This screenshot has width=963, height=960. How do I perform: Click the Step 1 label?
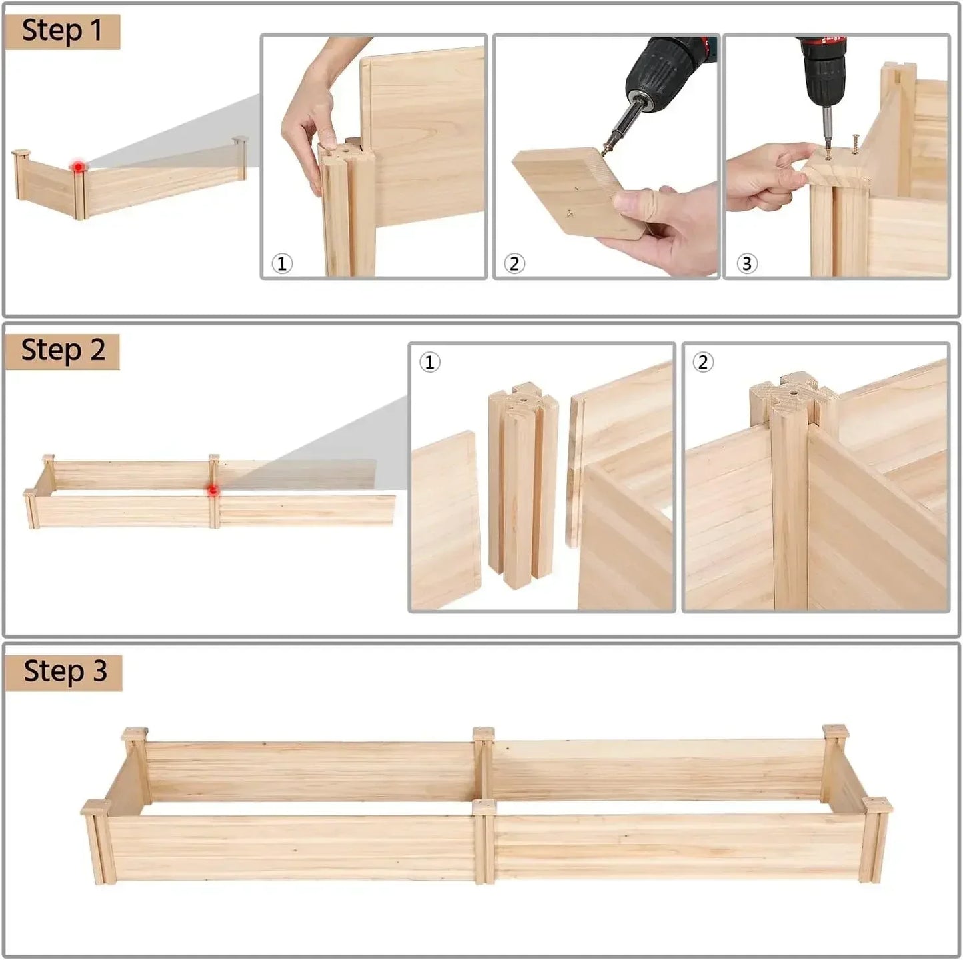(62, 31)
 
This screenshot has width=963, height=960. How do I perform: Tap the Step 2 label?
(63, 351)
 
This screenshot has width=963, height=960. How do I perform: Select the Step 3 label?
(64, 671)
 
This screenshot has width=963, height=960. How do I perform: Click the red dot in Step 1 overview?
(79, 167)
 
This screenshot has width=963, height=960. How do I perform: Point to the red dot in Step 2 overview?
(213, 490)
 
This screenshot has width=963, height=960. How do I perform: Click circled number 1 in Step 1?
(282, 263)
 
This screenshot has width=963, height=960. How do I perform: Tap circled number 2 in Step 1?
(514, 263)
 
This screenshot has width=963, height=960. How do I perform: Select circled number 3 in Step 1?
(746, 263)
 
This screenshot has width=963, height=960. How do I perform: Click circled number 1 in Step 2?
(429, 362)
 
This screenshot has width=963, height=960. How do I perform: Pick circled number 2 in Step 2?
(703, 362)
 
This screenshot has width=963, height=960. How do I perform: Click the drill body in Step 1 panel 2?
(666, 67)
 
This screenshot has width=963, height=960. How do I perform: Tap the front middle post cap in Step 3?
(484, 807)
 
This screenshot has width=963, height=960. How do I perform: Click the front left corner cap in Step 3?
(95, 807)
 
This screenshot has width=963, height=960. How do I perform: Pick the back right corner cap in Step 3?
(835, 731)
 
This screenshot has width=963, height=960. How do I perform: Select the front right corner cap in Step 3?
(876, 805)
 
